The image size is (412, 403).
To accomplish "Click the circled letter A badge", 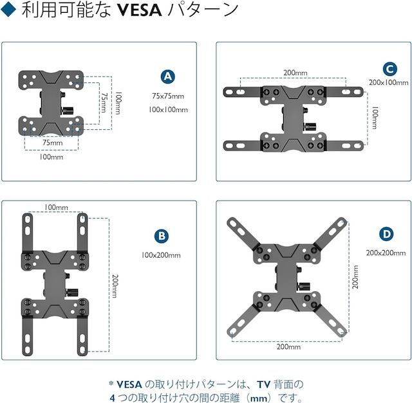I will click(x=168, y=76).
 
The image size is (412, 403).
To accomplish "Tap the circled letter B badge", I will click(x=162, y=237).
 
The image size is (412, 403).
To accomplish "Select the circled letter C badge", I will click(x=389, y=69).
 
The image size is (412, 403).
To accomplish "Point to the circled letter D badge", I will click(x=386, y=233).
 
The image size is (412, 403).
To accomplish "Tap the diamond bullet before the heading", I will click(x=8, y=12).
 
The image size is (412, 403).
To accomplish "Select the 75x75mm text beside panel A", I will click(x=167, y=96).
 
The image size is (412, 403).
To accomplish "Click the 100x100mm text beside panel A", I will click(x=167, y=109).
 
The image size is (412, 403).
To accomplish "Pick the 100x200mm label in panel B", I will click(x=161, y=255).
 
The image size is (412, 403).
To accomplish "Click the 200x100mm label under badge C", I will click(x=388, y=83).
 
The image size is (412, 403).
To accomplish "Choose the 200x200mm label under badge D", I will click(x=386, y=252).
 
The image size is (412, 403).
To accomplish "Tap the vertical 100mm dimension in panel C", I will click(x=375, y=118).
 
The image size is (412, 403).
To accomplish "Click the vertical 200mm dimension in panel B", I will click(x=115, y=283).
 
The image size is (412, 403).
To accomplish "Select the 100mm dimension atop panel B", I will click(x=56, y=208).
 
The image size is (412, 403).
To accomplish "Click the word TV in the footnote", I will click(x=263, y=384).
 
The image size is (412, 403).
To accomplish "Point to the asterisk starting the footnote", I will click(x=111, y=383).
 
